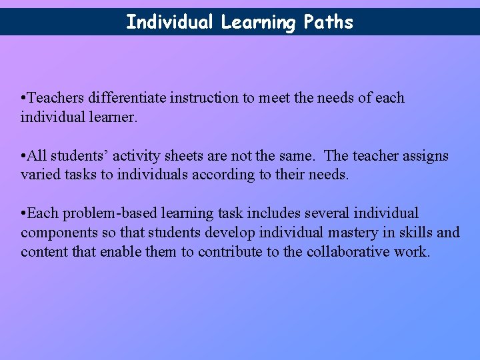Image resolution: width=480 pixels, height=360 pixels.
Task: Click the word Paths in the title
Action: pyautogui.click(x=328, y=22)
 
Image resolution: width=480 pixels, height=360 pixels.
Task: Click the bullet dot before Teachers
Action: pyautogui.click(x=23, y=99)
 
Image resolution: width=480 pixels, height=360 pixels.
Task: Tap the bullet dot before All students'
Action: pyautogui.click(x=23, y=157)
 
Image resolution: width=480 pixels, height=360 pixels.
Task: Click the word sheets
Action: pyautogui.click(x=183, y=156)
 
